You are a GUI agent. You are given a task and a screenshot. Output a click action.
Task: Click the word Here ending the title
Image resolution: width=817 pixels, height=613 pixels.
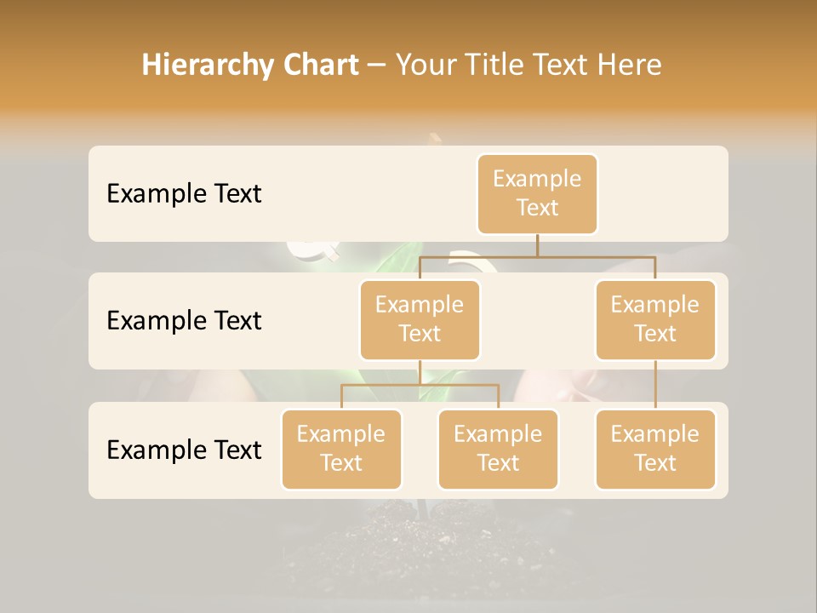[628, 65]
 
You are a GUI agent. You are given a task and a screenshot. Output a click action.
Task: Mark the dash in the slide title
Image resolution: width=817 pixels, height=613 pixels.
[377, 65]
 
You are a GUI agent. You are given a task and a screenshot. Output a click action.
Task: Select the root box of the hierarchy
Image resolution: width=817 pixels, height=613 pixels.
[537, 194]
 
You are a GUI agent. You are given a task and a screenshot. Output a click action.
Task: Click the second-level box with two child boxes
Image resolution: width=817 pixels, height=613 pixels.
[420, 320]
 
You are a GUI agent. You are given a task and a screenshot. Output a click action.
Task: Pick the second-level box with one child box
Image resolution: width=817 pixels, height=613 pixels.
[655, 320]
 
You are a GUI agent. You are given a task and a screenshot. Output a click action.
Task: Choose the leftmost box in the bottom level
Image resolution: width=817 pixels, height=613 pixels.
[341, 450]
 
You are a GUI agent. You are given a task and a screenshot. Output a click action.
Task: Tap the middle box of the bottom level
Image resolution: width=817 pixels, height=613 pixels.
[498, 450]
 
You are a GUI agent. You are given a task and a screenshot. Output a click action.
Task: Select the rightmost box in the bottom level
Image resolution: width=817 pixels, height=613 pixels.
[655, 450]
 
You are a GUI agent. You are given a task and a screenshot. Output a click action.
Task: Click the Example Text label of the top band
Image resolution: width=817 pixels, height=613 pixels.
[184, 194]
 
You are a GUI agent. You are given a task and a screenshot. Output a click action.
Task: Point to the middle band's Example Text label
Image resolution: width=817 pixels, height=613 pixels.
[184, 321]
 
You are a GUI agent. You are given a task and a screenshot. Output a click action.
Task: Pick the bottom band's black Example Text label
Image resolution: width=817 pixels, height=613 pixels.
[184, 450]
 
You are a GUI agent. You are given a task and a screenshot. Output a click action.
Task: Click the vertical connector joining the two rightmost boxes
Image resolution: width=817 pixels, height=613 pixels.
[655, 385]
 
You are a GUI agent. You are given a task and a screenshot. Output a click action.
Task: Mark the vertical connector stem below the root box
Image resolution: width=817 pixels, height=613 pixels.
[537, 244]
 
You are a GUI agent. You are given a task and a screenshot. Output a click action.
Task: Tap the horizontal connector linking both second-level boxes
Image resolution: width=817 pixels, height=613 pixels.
[537, 255]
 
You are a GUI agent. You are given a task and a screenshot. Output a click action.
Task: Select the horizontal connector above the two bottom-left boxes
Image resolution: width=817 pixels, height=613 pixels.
[420, 385]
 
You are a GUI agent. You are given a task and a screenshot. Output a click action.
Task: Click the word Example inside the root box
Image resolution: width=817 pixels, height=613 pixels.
[537, 179]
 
